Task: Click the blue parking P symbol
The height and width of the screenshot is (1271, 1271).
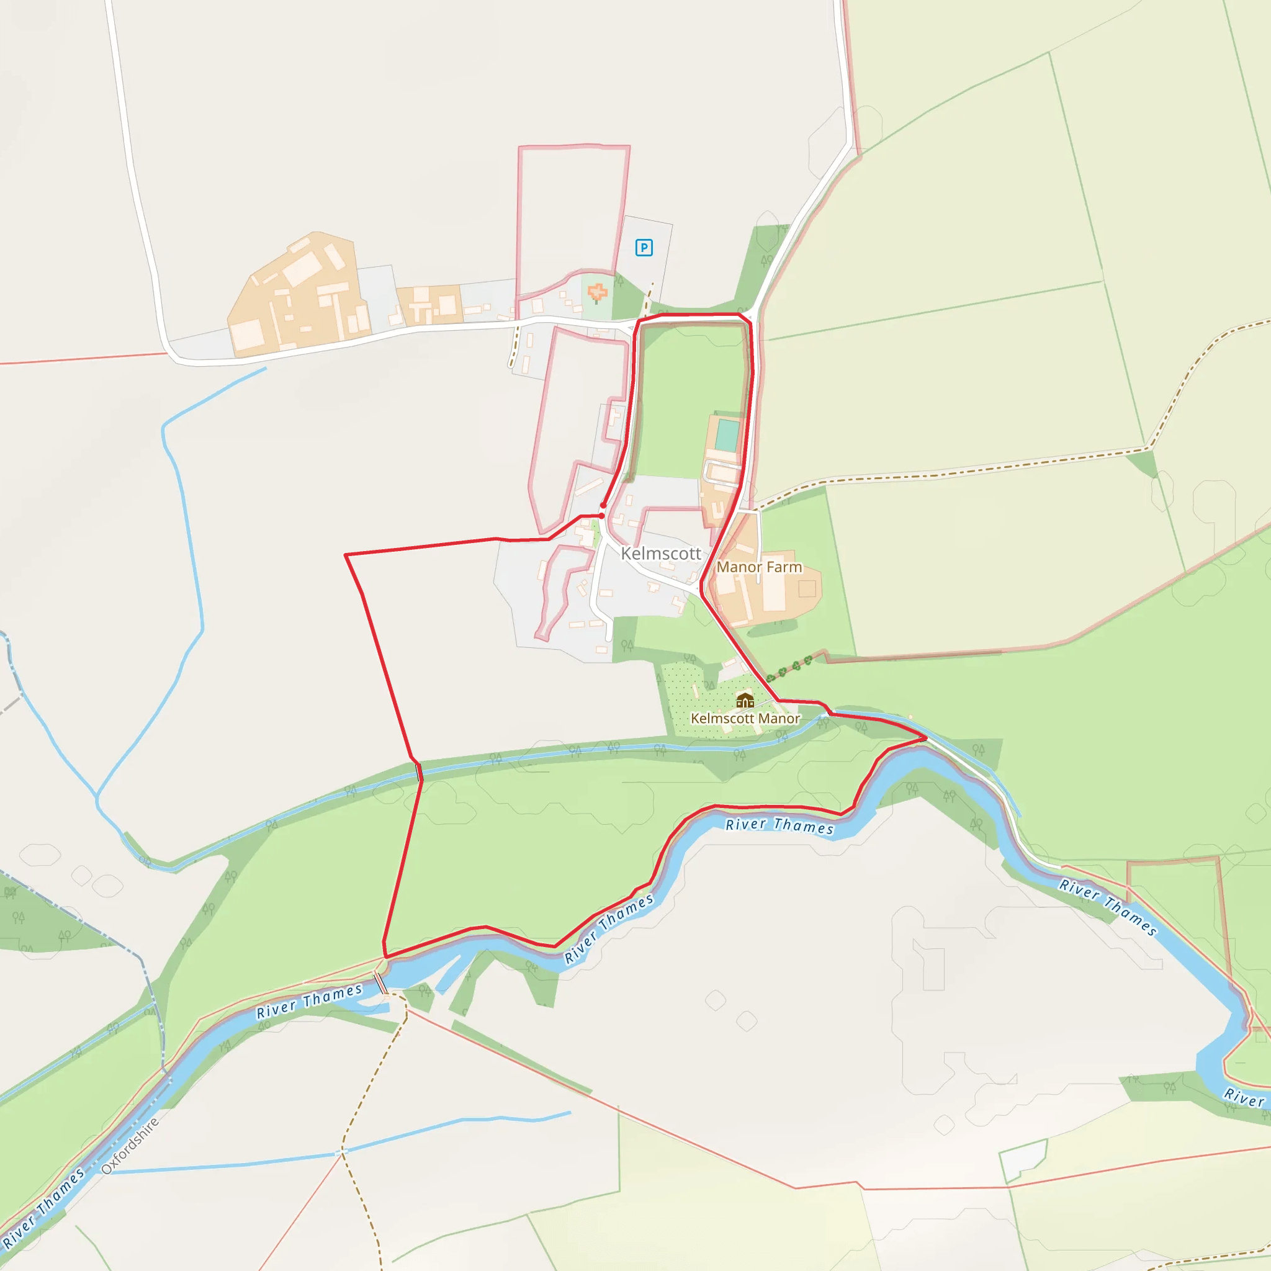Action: pyautogui.click(x=644, y=248)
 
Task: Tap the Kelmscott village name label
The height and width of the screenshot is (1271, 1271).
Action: pyautogui.click(x=660, y=554)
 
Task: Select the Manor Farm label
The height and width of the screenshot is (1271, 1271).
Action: pyautogui.click(x=759, y=567)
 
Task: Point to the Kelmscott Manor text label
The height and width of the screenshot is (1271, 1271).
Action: pyautogui.click(x=745, y=719)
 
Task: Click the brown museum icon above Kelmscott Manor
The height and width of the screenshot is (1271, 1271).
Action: pyautogui.click(x=745, y=700)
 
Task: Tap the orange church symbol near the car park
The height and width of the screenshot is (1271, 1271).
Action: pyautogui.click(x=596, y=293)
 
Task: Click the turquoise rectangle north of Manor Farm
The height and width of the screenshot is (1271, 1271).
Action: pyautogui.click(x=727, y=435)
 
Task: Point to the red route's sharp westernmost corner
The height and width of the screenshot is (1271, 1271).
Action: pyautogui.click(x=346, y=555)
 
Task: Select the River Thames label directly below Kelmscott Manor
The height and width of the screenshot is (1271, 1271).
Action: pyautogui.click(x=779, y=825)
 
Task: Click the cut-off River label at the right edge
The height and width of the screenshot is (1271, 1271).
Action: pyautogui.click(x=1243, y=1097)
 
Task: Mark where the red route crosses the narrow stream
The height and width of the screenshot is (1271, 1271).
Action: pyautogui.click(x=418, y=770)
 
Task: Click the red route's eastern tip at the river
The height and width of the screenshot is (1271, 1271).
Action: pyautogui.click(x=925, y=738)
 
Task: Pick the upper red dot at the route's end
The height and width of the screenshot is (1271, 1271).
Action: pyautogui.click(x=603, y=505)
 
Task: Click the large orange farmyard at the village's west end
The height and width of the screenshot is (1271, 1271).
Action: pyautogui.click(x=296, y=296)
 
